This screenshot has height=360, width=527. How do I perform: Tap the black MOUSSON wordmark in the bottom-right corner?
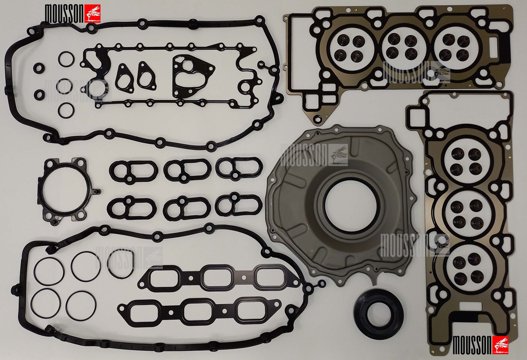click(x=472, y=345)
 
